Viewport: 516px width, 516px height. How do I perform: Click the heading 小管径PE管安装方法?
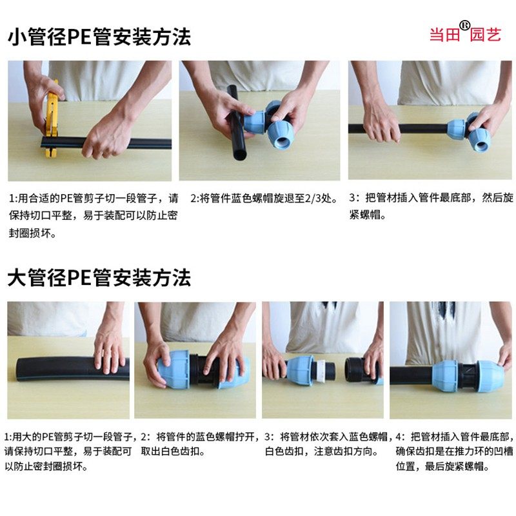[x=99, y=37]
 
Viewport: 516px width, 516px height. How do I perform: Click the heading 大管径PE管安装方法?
[x=99, y=279]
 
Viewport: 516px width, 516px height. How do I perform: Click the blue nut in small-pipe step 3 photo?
[x=478, y=132]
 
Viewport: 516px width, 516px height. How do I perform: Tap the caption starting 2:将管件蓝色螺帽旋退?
[x=264, y=198]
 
